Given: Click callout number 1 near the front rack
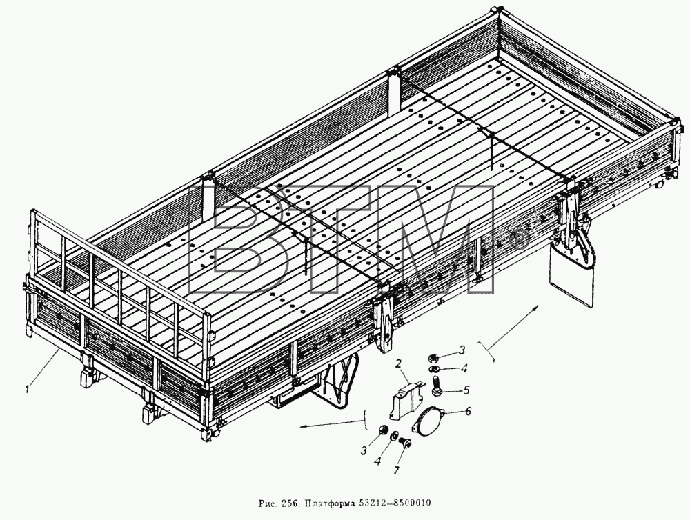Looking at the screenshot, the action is pyautogui.click(x=28, y=389).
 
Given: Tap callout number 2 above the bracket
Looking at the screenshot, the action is pyautogui.click(x=398, y=363).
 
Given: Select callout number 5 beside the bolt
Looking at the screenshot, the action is pyautogui.click(x=466, y=390).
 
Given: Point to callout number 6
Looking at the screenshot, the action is pyautogui.click(x=469, y=411).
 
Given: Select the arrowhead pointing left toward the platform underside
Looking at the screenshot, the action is pyautogui.click(x=304, y=426).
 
